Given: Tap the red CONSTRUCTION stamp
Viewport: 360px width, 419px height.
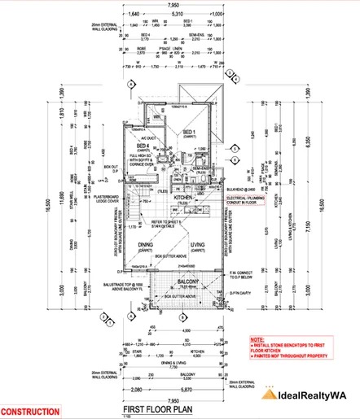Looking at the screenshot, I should coord(30,412).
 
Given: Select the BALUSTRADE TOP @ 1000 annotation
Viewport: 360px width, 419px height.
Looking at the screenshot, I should coord(105,284).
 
